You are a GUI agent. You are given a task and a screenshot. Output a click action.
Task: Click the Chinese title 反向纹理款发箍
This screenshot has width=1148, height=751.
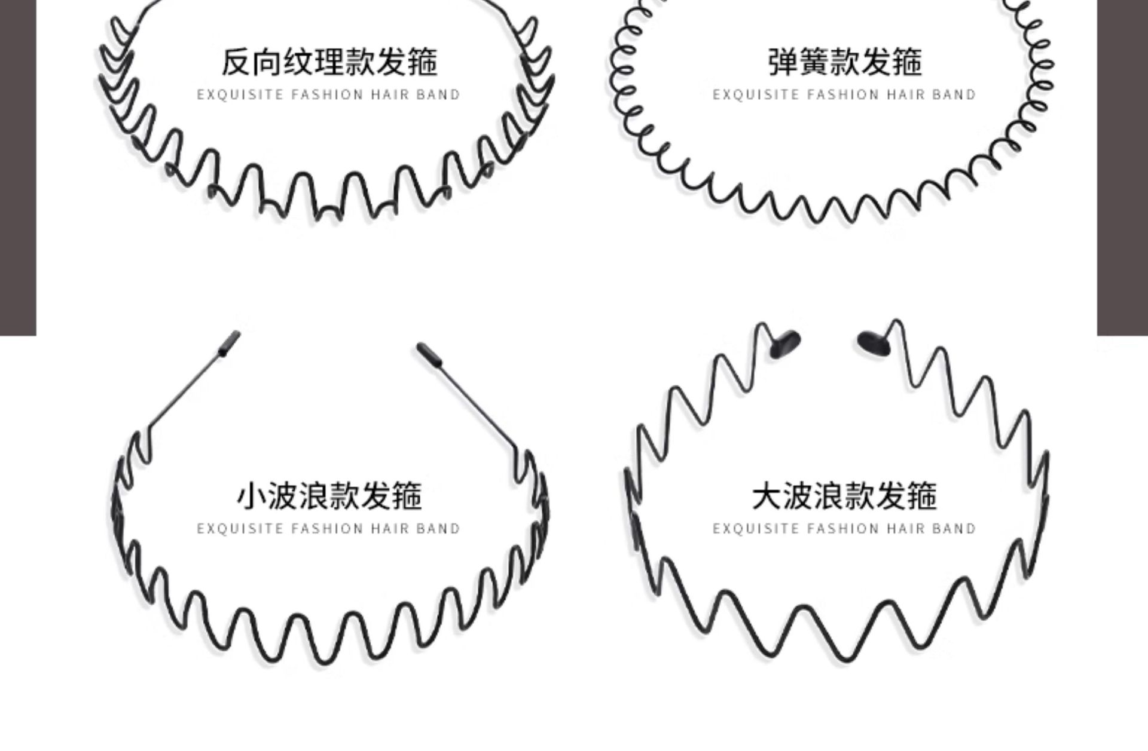[329, 62]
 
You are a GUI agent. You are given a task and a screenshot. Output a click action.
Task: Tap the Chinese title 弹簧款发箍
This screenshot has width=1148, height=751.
[845, 62]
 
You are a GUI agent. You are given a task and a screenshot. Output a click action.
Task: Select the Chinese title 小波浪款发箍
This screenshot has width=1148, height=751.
[329, 496]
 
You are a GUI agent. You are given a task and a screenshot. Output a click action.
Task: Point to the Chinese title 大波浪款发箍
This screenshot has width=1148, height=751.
[844, 496]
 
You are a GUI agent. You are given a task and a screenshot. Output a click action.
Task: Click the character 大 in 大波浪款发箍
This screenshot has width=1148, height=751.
[767, 496]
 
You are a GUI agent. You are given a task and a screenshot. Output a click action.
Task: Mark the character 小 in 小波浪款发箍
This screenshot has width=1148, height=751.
[251, 496]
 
